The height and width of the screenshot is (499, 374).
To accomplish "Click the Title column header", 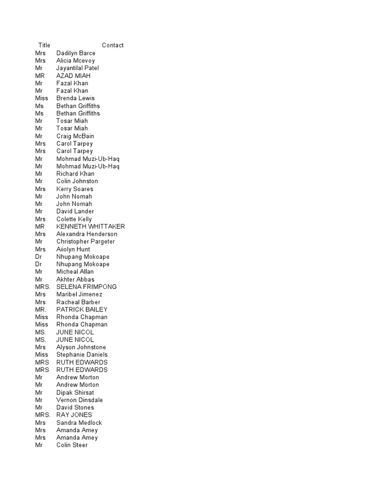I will [44, 45].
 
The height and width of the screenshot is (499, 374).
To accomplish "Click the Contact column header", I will [112, 45].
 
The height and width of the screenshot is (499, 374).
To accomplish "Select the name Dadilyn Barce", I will [75, 53].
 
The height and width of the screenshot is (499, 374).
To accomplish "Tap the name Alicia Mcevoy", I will [75, 60].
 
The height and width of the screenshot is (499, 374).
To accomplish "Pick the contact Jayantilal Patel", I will [77, 68].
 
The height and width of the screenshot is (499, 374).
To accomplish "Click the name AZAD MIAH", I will [73, 76].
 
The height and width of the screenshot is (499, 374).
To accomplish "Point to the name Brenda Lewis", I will [75, 98].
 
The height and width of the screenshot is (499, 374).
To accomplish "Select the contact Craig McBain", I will [75, 136].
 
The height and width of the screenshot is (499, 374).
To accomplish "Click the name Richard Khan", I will [75, 173].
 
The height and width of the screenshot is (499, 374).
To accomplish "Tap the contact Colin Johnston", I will [77, 181].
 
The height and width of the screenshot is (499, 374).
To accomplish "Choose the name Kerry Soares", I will [75, 189].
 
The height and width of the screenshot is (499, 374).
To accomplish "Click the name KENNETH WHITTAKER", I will [91, 227].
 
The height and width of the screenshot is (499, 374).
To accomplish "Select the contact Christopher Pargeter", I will [85, 242].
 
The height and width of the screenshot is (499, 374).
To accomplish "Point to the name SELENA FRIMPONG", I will [86, 287].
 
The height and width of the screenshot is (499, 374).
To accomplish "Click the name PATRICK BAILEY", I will [82, 309].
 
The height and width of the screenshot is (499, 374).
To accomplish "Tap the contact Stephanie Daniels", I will [82, 355].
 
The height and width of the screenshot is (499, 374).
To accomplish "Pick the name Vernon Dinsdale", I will [79, 400].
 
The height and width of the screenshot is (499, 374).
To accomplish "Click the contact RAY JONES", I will [74, 415].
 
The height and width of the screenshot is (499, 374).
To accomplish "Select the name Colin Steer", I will [72, 445].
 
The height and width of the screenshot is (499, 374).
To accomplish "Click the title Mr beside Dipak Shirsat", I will [39, 392].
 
